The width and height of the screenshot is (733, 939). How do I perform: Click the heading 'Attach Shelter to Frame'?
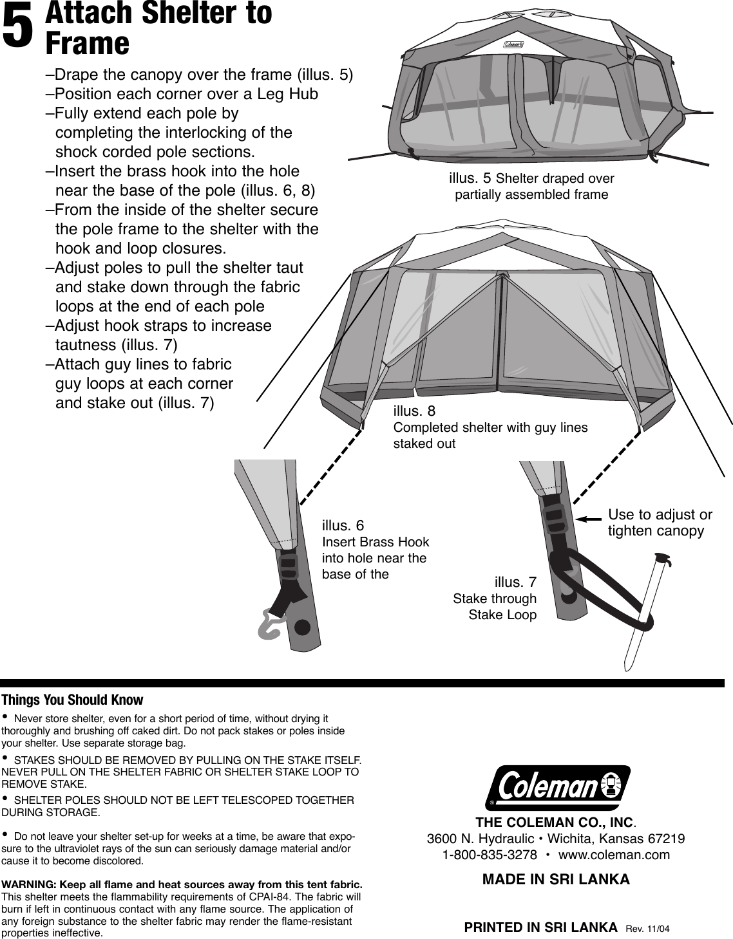coord(158,28)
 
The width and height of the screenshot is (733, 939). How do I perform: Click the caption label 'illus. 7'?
coord(515,582)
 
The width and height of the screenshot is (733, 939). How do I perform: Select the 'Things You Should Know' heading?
coord(72,700)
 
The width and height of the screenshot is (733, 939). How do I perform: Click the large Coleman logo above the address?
coord(558,786)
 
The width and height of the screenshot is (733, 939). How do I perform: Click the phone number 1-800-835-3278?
coord(490,855)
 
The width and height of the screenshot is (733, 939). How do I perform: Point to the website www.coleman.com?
coord(614,855)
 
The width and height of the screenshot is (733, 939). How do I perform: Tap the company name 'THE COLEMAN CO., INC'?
coord(555,823)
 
